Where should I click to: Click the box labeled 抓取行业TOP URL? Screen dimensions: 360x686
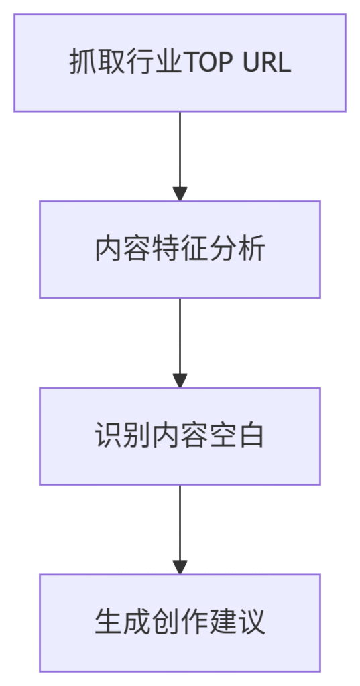(x=180, y=62)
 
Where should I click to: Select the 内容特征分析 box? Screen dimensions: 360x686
(x=180, y=249)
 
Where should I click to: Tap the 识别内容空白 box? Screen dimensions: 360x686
(x=180, y=436)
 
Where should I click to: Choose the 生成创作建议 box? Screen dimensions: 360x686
(x=180, y=623)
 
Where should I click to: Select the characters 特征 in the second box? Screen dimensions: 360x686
(x=180, y=250)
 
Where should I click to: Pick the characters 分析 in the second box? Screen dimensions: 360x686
(x=237, y=250)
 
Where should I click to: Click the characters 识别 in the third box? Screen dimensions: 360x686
(x=123, y=436)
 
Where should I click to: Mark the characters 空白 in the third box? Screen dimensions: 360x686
(x=237, y=436)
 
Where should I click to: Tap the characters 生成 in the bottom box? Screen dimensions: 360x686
(x=123, y=622)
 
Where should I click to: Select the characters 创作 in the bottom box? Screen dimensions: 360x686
(x=180, y=622)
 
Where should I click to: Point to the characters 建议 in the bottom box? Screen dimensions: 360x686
(x=237, y=622)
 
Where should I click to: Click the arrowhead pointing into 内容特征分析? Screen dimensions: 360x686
(x=180, y=194)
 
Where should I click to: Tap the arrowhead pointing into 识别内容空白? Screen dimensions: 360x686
(x=180, y=381)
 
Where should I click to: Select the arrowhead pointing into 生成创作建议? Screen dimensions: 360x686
(x=180, y=567)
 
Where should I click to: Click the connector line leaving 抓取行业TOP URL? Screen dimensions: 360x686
(x=180, y=149)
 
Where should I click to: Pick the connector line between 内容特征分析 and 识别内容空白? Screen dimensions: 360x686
(x=180, y=336)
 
